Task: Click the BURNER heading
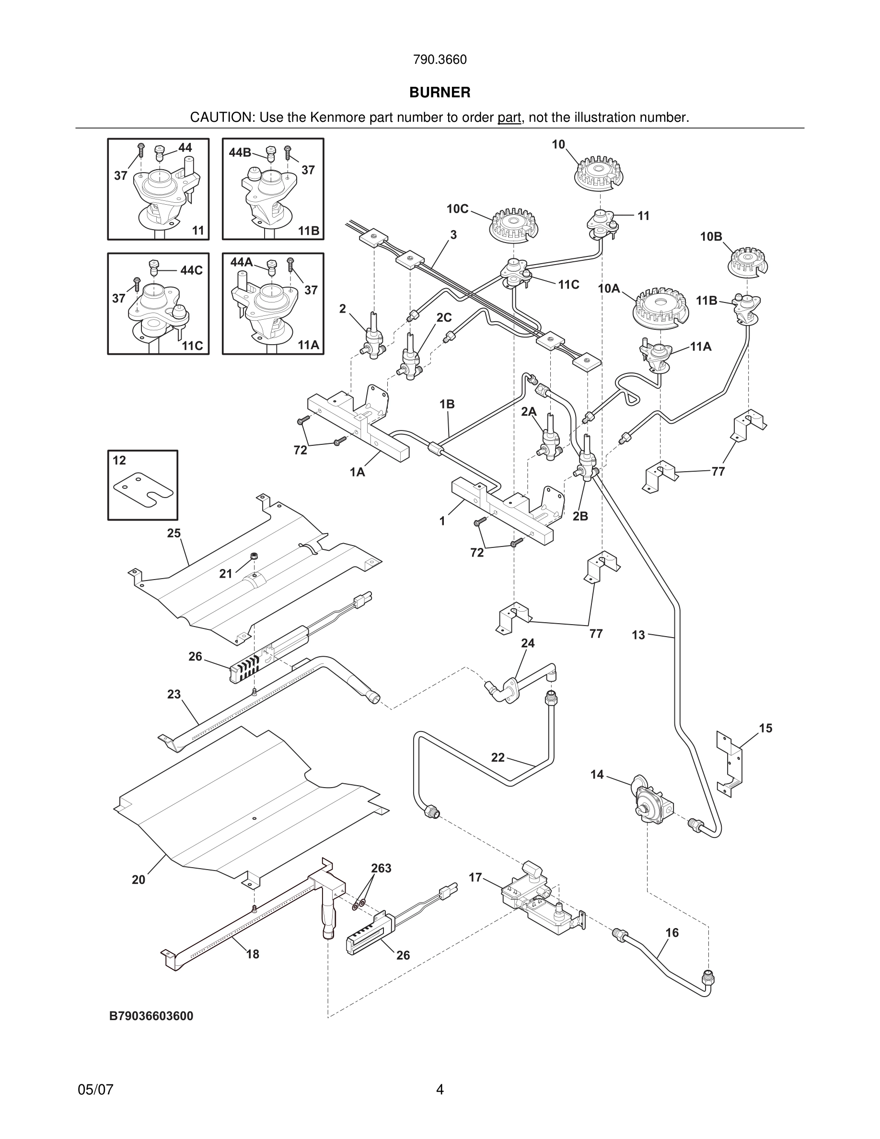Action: point(440,93)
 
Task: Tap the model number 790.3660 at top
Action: point(440,60)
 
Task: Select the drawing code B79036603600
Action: point(151,1016)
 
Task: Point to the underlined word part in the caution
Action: point(509,118)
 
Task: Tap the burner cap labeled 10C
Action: point(513,225)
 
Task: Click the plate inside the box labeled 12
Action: point(143,490)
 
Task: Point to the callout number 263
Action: point(381,868)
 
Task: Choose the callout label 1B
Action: point(447,404)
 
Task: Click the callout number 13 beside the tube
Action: point(638,635)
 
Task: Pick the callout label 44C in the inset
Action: point(191,270)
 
